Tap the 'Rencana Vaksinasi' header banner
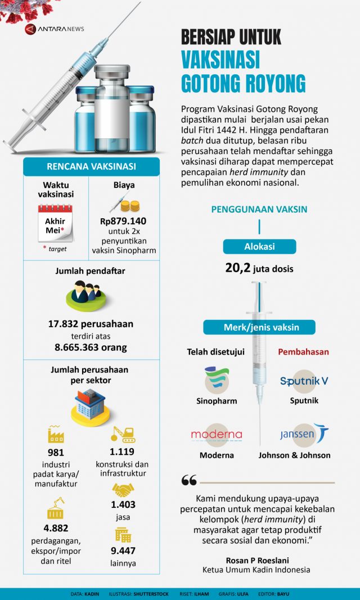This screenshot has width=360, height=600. coord(91,166)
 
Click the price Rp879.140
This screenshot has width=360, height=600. coord(123,221)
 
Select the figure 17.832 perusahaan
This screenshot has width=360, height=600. coord(91,324)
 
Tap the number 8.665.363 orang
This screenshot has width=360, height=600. coord(91,347)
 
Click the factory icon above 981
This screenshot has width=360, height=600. coord(56,434)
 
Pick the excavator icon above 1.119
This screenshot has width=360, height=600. coord(123,433)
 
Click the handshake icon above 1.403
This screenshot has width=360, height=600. coord(123,489)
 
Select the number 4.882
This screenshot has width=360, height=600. coord(56,529)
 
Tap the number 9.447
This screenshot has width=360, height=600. coord(123,551)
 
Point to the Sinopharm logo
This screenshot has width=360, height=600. coord(217,380)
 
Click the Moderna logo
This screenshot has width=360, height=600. coord(217,435)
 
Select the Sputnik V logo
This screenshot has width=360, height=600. coord(304,381)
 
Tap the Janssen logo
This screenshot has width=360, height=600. coord(304,434)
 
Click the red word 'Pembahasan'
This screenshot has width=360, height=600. coord(304,352)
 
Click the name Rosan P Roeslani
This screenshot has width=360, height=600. coord(256,560)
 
